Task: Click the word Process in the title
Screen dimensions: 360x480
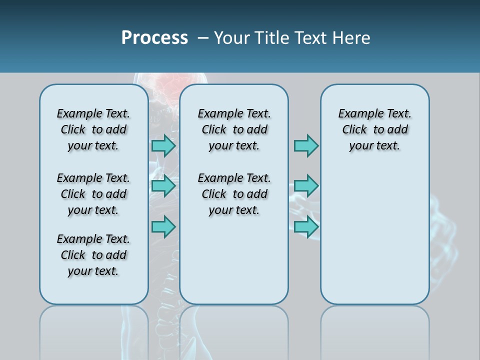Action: [154, 38]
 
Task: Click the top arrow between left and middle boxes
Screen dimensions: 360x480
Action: [163, 145]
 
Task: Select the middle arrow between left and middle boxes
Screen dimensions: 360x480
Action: [163, 186]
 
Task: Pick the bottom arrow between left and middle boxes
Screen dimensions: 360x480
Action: [163, 226]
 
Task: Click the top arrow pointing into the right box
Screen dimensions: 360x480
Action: [306, 145]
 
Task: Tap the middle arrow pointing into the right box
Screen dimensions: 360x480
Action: [306, 186]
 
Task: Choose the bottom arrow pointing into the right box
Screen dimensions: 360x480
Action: [306, 226]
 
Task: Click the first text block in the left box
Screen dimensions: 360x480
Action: [93, 129]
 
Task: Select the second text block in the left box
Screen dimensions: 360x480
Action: [93, 194]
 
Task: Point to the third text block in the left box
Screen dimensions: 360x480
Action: [93, 255]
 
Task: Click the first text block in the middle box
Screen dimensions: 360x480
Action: [234, 129]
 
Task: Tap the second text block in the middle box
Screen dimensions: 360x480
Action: [234, 194]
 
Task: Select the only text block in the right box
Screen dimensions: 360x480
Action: [374, 129]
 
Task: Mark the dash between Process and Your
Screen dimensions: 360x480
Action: [203, 38]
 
